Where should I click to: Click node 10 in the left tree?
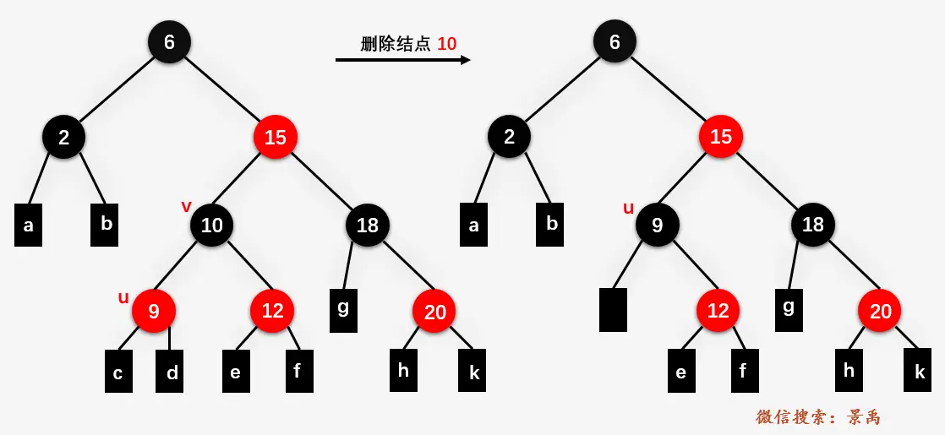(211, 225)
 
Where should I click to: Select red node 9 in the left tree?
(154, 311)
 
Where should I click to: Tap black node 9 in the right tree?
(657, 225)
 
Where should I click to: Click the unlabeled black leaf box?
(613, 309)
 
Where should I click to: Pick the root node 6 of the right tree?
(615, 42)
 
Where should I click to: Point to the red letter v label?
(186, 207)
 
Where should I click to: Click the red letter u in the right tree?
(628, 208)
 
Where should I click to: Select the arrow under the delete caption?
(402, 60)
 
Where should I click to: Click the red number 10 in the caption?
(447, 44)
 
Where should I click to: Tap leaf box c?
(119, 372)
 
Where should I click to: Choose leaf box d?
(170, 372)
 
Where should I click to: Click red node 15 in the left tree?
(276, 137)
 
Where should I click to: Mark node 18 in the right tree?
(812, 225)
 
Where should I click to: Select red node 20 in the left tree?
(434, 312)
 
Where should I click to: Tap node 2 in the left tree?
(63, 137)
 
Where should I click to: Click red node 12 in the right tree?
(718, 311)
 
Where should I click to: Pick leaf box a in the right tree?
(473, 225)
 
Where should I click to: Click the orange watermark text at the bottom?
(818, 416)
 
